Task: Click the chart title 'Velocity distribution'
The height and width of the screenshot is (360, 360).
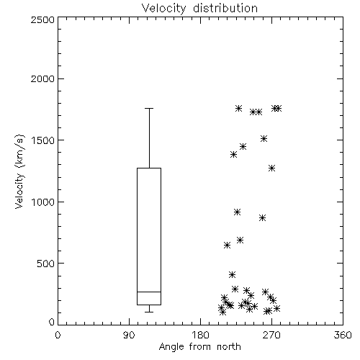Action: [x=199, y=9]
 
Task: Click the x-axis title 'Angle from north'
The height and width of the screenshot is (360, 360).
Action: [x=199, y=347]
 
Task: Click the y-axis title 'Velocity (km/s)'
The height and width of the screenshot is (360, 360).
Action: [x=19, y=171]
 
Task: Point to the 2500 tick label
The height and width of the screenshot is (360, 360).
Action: [x=42, y=19]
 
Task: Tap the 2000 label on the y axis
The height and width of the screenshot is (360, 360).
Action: [x=42, y=78]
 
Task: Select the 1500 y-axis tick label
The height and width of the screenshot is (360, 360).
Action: [x=43, y=140]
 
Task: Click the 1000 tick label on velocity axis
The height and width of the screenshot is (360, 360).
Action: [x=43, y=202]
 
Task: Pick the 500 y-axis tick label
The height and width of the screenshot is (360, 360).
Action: [x=46, y=264]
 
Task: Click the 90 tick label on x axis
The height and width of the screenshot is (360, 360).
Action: [x=129, y=335]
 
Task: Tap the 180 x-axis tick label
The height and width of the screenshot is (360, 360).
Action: [x=200, y=335]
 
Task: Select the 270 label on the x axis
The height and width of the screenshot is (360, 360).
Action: [x=271, y=335]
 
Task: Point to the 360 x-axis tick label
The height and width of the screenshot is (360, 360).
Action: [x=343, y=335]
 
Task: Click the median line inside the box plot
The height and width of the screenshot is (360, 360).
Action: [x=149, y=292]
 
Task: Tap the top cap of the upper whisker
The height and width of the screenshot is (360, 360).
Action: [x=149, y=109]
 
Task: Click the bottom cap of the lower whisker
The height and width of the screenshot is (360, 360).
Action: [x=149, y=312]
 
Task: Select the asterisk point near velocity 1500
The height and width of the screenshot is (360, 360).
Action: [x=264, y=139]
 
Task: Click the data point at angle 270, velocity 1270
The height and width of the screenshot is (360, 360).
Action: [x=271, y=168]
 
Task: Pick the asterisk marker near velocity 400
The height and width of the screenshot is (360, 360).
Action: [x=232, y=274]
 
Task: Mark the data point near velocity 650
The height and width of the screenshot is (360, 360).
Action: [x=227, y=246]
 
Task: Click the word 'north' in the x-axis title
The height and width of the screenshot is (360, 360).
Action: [x=229, y=347]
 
